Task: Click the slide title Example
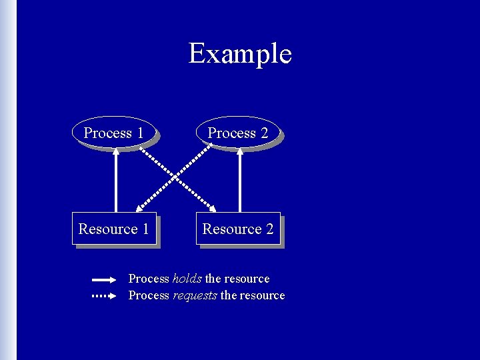[x=240, y=53]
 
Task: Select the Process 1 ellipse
[x=113, y=133]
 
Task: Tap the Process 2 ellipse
[x=237, y=133]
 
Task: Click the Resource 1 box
[x=113, y=229]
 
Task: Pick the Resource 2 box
[x=237, y=229]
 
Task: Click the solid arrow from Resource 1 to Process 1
[x=116, y=180]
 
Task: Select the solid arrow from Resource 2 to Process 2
[x=240, y=180]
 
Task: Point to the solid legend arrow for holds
[x=104, y=280]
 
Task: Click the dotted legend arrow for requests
[x=104, y=295]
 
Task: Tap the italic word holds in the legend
[x=187, y=279]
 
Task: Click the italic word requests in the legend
[x=195, y=295]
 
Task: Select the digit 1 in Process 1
[x=140, y=133]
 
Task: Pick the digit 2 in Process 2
[x=265, y=133]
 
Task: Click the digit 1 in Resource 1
[x=145, y=229]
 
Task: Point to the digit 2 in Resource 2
[x=269, y=229]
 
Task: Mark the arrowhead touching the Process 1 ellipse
[x=116, y=151]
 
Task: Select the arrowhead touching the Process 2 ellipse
[x=240, y=151]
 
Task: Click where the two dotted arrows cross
[x=178, y=177]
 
